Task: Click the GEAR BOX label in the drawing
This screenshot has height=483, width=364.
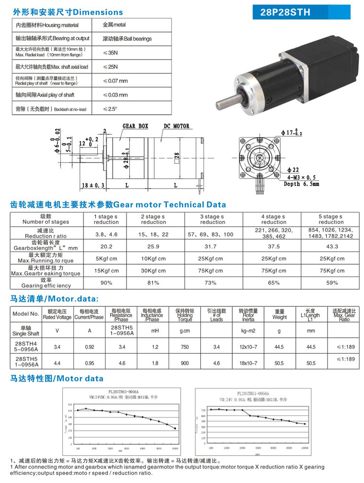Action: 136,126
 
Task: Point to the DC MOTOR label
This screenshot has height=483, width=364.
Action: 177,126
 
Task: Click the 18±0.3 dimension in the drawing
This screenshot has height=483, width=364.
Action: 93,185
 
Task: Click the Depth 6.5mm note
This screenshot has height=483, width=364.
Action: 301,184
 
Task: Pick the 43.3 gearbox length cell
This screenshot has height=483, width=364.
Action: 331,247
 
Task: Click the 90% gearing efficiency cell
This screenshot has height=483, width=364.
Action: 106,283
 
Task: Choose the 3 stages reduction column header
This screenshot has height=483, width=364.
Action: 213,219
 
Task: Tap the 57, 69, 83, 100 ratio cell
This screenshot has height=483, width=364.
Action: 213,234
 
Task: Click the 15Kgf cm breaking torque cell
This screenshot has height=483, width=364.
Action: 106,271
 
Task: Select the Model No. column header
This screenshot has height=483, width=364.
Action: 26,314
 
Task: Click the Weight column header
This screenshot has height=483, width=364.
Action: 280,314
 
